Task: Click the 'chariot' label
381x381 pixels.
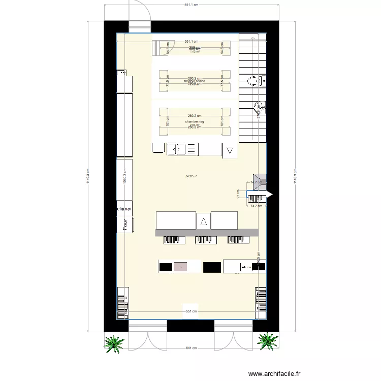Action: (124, 209)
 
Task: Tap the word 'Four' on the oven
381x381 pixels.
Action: (124, 224)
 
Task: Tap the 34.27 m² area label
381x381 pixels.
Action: (191, 176)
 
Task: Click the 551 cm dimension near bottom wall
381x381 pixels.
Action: (190, 311)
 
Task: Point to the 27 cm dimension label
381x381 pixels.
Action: (238, 194)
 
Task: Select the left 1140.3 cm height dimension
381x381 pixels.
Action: (87, 176)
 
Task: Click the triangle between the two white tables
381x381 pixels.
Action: (203, 221)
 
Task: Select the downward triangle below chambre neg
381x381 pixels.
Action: (230, 150)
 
